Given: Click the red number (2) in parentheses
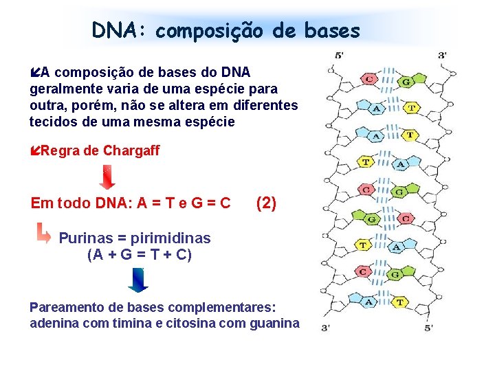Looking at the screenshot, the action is (265, 203).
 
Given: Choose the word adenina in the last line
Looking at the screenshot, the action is (54, 323).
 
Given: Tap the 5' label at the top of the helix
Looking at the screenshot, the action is (340, 55).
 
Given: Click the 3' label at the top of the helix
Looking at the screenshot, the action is (442, 55).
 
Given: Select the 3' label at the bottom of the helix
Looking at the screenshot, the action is (327, 328).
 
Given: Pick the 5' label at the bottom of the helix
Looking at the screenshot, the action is (428, 328).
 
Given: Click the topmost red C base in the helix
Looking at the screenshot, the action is (369, 79).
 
